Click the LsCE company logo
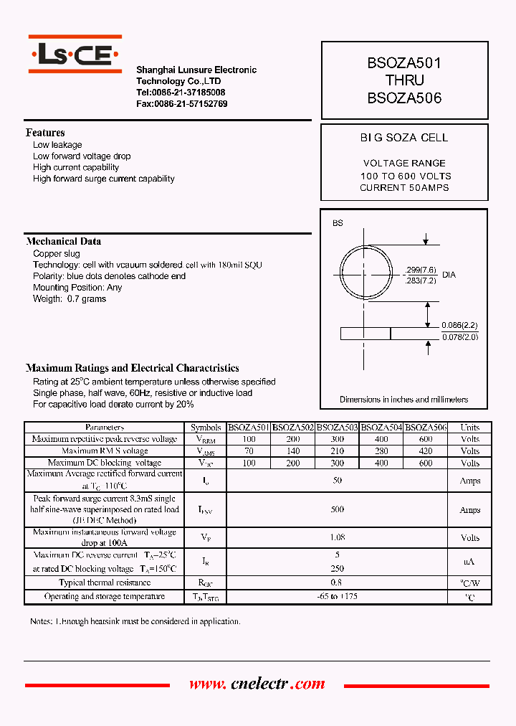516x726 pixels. (x=75, y=55)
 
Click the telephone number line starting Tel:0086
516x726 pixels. (x=181, y=93)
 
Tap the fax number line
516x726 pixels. (x=182, y=104)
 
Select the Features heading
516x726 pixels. (x=45, y=133)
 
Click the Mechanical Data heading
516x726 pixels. (x=63, y=242)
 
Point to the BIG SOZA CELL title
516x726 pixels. (x=403, y=138)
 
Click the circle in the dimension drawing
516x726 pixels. (x=368, y=273)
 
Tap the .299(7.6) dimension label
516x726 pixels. (x=421, y=270)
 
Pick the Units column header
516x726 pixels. (x=469, y=428)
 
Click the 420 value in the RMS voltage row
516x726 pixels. (x=425, y=451)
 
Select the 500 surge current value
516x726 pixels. (x=338, y=509)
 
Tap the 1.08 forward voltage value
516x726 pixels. (x=338, y=537)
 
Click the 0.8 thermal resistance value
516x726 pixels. (x=338, y=583)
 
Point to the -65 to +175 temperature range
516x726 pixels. (x=338, y=597)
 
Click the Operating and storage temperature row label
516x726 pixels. (x=105, y=597)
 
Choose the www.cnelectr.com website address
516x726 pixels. (x=257, y=684)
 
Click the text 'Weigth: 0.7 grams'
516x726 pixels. (x=70, y=299)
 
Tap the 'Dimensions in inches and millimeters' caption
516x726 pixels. (x=403, y=400)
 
